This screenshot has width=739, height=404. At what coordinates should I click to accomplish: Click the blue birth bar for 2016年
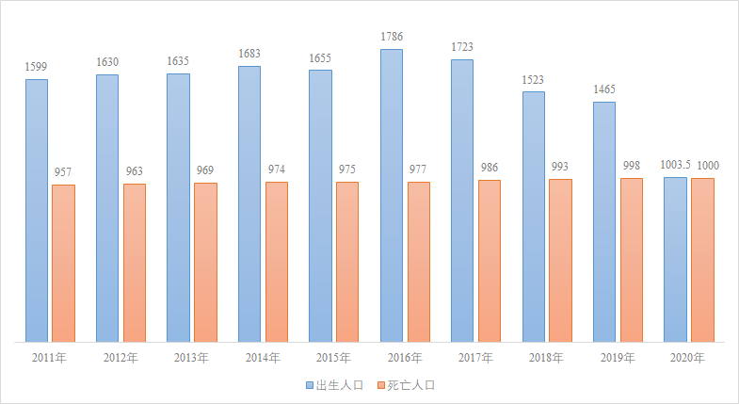tap(392, 195)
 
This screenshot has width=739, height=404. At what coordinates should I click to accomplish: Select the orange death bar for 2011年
tap(63, 263)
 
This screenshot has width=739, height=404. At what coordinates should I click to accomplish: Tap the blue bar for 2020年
tap(675, 259)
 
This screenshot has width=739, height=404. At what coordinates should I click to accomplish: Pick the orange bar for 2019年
tap(631, 259)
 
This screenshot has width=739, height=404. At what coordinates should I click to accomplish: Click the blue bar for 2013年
tap(178, 207)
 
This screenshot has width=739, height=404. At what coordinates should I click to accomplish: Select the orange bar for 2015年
tap(347, 261)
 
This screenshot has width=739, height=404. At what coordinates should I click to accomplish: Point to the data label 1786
tap(392, 37)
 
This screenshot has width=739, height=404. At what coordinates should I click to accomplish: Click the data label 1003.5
tap(675, 165)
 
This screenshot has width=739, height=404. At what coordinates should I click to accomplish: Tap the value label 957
tap(63, 172)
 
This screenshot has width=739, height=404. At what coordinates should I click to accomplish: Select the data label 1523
tap(534, 79)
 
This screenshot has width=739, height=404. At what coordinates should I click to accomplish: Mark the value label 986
tap(489, 168)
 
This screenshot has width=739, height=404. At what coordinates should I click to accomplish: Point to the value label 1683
tap(249, 54)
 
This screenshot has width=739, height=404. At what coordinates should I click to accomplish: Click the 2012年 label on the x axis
tap(120, 358)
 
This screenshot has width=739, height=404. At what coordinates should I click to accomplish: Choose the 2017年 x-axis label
tap(475, 358)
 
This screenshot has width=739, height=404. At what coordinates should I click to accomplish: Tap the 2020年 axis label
tap(688, 358)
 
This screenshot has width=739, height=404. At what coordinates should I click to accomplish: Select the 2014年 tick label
tap(263, 358)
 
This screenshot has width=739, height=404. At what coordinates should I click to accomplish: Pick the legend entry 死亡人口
tap(410, 385)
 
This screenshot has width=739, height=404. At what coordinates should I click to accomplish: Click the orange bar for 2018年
tap(560, 260)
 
